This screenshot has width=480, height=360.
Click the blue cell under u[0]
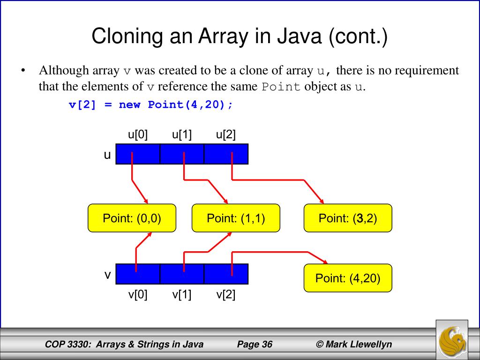click(x=138, y=154)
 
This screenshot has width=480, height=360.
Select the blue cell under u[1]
click(x=182, y=154)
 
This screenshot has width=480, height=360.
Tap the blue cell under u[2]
click(x=226, y=154)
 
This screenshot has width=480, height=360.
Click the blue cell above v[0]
click(x=138, y=274)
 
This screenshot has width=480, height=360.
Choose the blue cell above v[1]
click(x=182, y=274)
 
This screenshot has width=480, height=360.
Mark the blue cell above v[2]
click(x=226, y=274)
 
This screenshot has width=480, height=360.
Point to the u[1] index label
click(x=182, y=135)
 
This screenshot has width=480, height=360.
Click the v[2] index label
click(x=226, y=295)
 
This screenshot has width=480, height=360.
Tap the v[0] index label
click(x=138, y=295)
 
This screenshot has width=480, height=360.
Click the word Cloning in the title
click(x=122, y=37)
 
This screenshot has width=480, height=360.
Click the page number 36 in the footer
click(x=267, y=345)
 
